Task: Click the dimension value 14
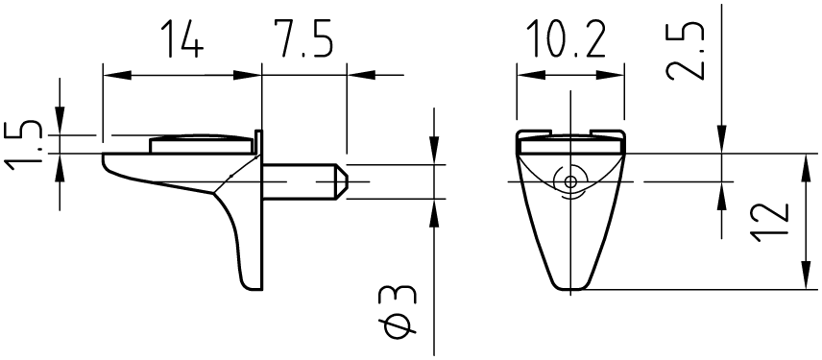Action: point(181,38)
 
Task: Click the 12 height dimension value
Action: point(769,222)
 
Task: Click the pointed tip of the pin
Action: point(346,181)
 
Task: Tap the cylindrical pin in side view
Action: point(304,181)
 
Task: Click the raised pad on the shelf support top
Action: point(201,144)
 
